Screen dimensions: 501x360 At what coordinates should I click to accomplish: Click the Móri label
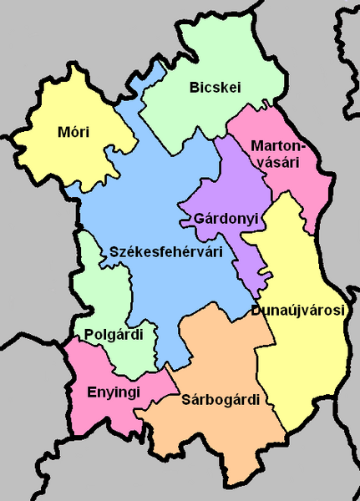point(74,132)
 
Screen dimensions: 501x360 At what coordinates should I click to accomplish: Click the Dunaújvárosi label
point(297,311)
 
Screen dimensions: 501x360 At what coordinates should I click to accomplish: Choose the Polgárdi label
point(114,335)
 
